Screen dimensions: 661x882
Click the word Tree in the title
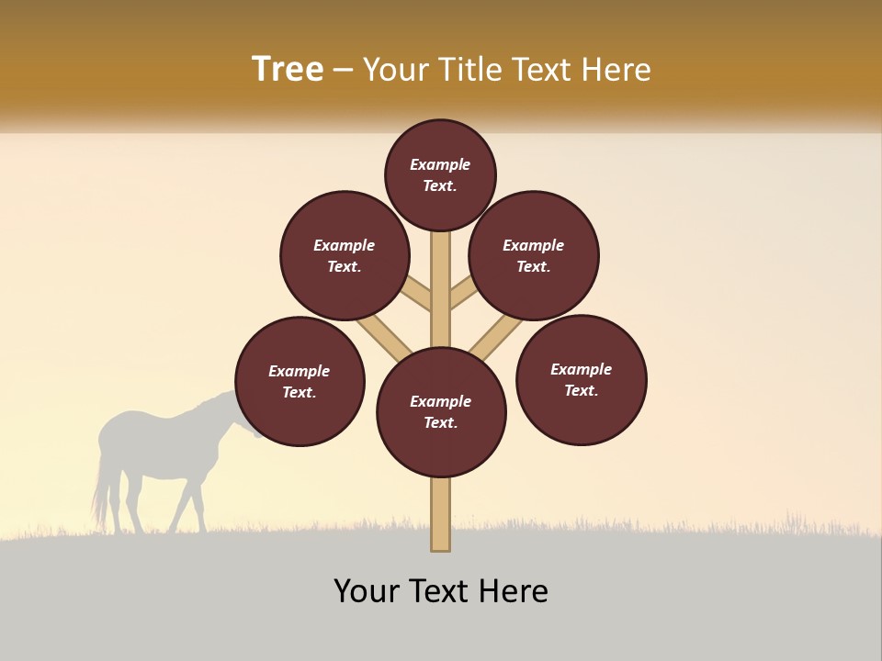(x=288, y=69)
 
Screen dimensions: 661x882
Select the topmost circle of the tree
(x=440, y=174)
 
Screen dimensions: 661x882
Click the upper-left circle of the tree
(x=345, y=255)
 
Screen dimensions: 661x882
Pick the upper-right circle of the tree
(x=534, y=255)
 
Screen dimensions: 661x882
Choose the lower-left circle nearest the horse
(x=300, y=381)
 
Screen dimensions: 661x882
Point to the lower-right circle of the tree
(x=582, y=379)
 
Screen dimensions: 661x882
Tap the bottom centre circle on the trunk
(x=441, y=412)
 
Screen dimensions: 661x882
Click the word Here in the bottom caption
(x=514, y=591)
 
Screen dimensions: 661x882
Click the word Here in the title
(x=618, y=70)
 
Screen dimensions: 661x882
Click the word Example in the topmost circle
(x=440, y=164)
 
